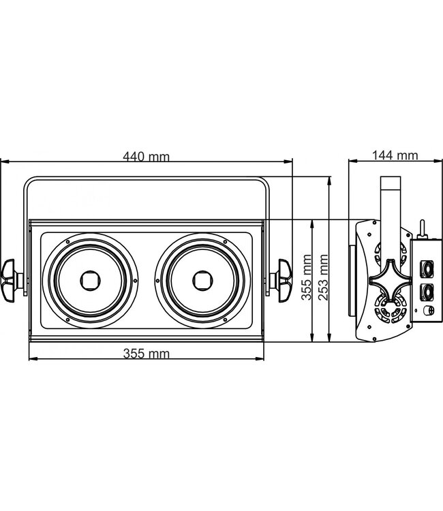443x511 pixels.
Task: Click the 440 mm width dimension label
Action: click(146, 156)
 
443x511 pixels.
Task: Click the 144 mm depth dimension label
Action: click(395, 155)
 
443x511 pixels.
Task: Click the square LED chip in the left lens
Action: click(89, 279)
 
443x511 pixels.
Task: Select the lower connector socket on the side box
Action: click(429, 292)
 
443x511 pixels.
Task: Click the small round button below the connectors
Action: click(429, 311)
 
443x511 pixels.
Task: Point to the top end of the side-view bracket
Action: click(390, 180)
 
